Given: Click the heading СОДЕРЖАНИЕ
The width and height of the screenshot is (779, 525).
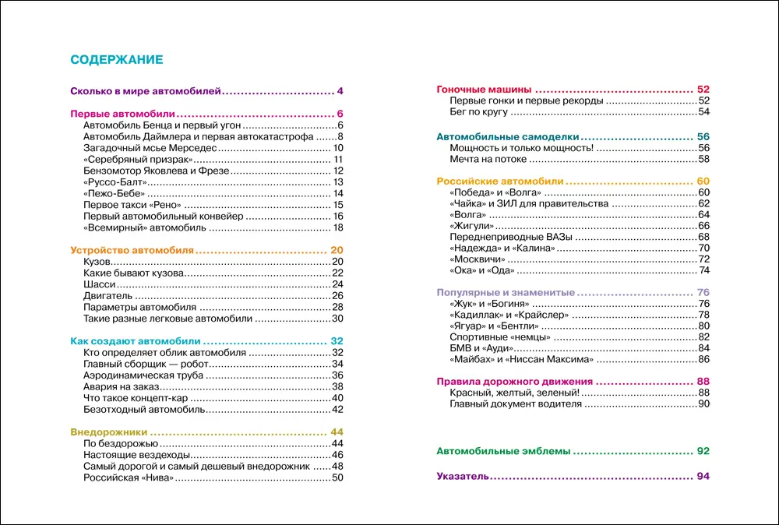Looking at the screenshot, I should [116, 60].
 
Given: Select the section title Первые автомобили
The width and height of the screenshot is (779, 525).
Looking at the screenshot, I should [122, 114].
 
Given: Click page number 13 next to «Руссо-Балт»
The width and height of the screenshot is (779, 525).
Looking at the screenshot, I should [338, 181].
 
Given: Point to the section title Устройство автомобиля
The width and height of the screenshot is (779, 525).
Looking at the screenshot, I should [132, 250].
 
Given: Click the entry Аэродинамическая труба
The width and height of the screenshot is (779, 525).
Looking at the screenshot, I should [143, 375].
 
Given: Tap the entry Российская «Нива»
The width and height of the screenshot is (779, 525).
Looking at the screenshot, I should [127, 477].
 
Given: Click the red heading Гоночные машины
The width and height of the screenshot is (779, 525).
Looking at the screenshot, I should [484, 89].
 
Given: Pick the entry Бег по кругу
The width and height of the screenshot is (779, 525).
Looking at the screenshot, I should [479, 111].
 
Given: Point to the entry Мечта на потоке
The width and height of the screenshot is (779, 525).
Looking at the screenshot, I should [488, 159].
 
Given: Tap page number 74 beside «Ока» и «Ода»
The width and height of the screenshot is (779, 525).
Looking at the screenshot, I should [704, 270].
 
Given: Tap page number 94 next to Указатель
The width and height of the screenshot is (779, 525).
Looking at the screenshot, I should [703, 476].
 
